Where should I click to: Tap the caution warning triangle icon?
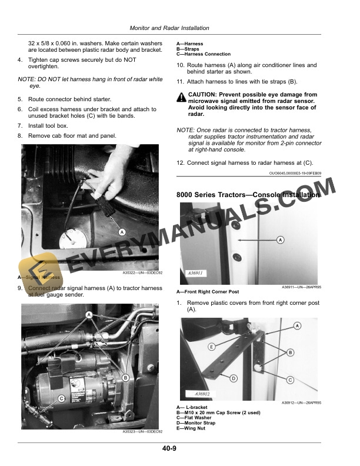point(181,96)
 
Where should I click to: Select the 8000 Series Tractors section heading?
point(248,194)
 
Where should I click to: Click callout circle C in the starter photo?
point(62,398)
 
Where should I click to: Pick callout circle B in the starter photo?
point(125,377)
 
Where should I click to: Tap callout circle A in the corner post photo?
point(280,239)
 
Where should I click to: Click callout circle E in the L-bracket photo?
point(211,347)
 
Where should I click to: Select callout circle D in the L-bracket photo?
point(234,378)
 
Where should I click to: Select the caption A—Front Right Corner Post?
point(208,292)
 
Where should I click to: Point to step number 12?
point(181,162)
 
